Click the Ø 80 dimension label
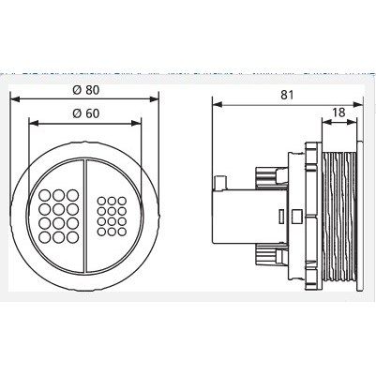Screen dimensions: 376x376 click(85, 90)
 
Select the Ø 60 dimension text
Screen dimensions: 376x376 click(85, 113)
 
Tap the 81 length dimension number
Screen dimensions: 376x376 click(287, 95)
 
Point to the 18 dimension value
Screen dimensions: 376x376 click(338, 113)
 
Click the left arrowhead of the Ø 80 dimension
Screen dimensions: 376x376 click(15, 99)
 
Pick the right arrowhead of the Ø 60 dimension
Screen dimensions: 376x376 click(136, 123)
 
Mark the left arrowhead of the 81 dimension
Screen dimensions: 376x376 click(218, 104)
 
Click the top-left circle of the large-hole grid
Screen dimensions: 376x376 click(44, 196)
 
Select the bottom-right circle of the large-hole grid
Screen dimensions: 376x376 click(72, 237)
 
